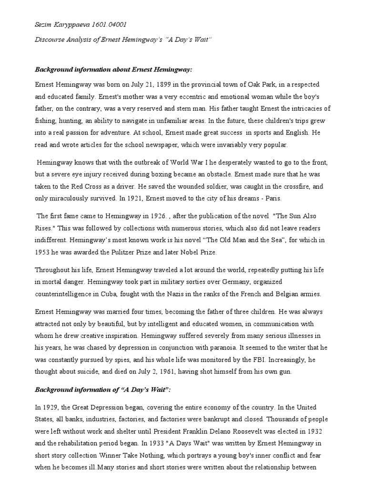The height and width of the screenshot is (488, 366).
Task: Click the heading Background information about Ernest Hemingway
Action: pos(113,70)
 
